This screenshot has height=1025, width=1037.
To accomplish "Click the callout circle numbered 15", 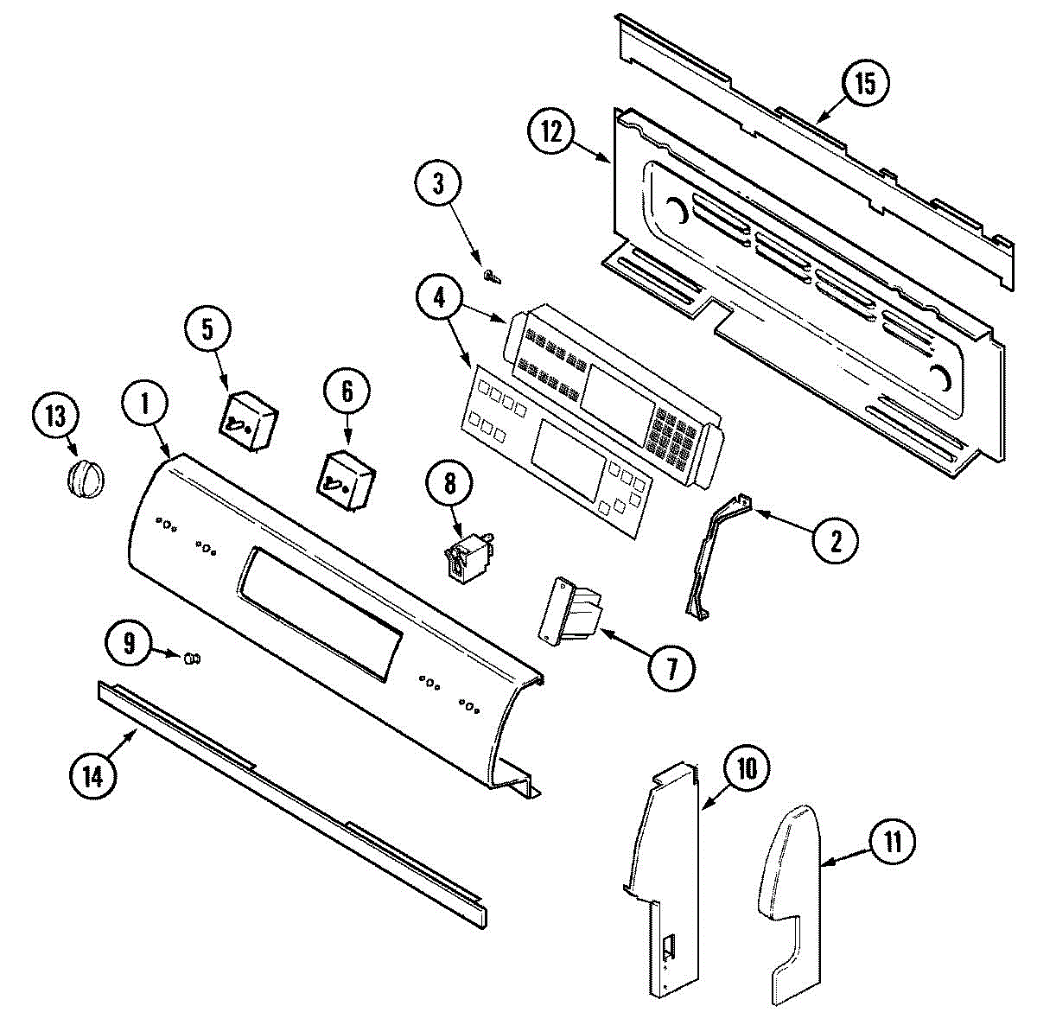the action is (x=865, y=84).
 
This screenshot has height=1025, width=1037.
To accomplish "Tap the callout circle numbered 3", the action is (x=438, y=184).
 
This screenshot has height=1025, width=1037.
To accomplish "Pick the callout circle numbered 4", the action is (x=440, y=297).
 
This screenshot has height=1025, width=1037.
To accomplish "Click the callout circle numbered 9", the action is (x=128, y=642).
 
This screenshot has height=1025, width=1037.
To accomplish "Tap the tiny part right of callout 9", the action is (x=191, y=660).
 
